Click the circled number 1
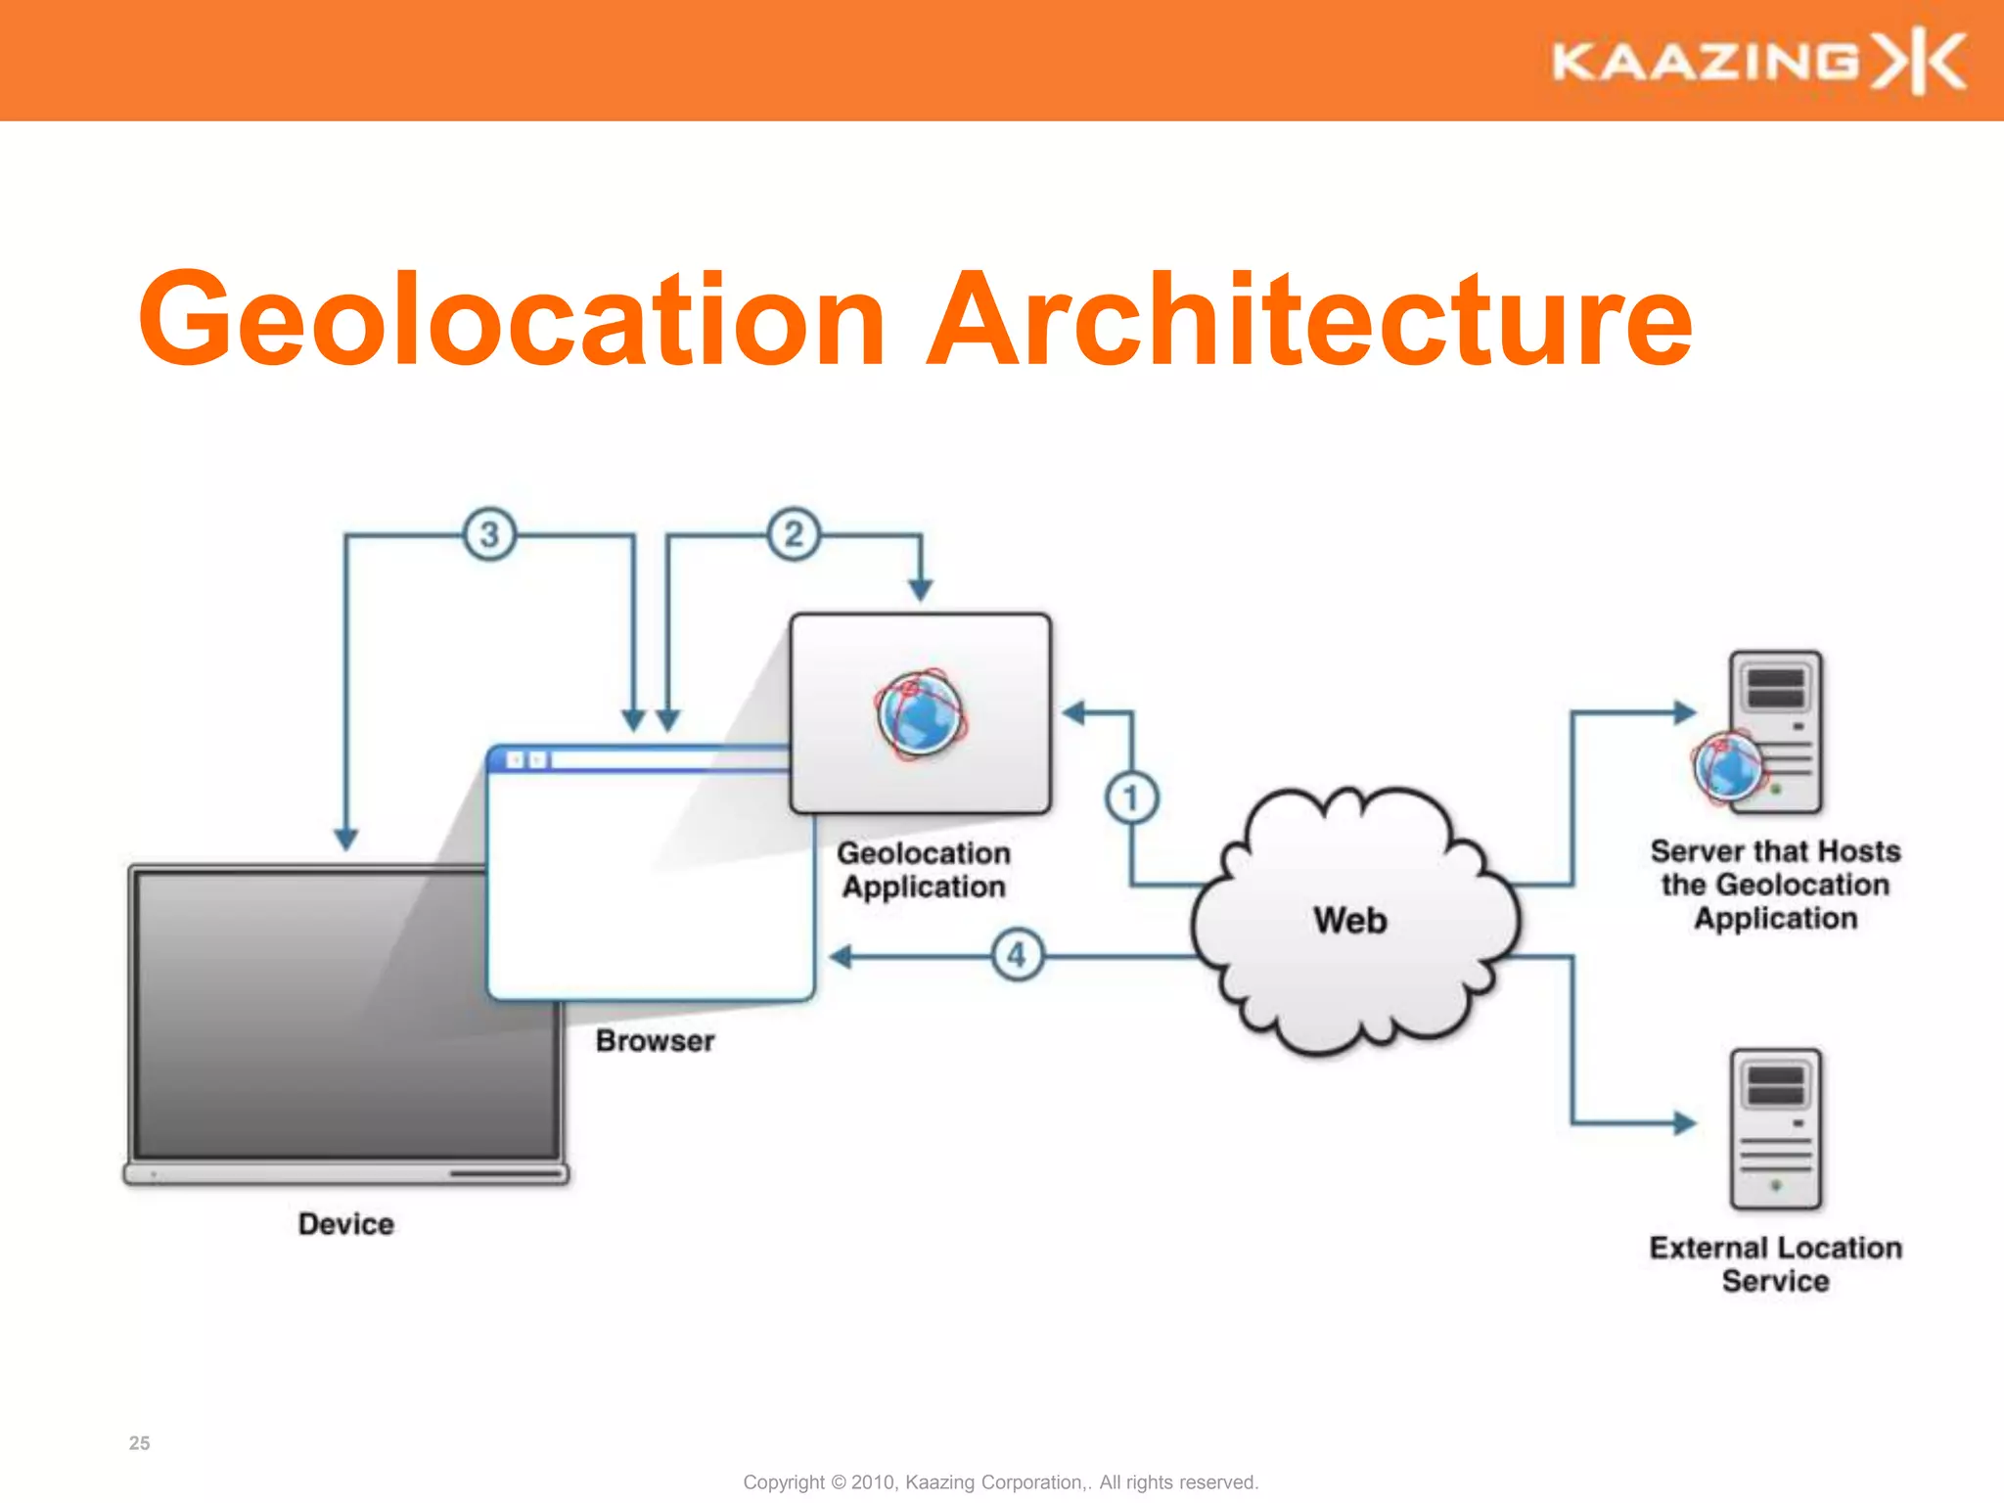[1132, 797]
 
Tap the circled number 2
[794, 534]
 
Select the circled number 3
[489, 534]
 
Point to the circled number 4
[1018, 955]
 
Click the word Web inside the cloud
[1350, 921]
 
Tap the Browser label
[655, 1040]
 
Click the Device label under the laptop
[346, 1224]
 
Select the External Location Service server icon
[1775, 1129]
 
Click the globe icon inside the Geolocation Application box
[921, 714]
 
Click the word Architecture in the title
[1309, 320]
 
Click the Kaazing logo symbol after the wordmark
[1919, 62]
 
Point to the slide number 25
[140, 1443]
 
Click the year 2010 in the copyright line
[873, 1482]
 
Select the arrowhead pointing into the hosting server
[1684, 712]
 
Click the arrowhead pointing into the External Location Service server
[1684, 1123]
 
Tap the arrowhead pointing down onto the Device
[346, 839]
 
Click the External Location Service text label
[1775, 1264]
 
